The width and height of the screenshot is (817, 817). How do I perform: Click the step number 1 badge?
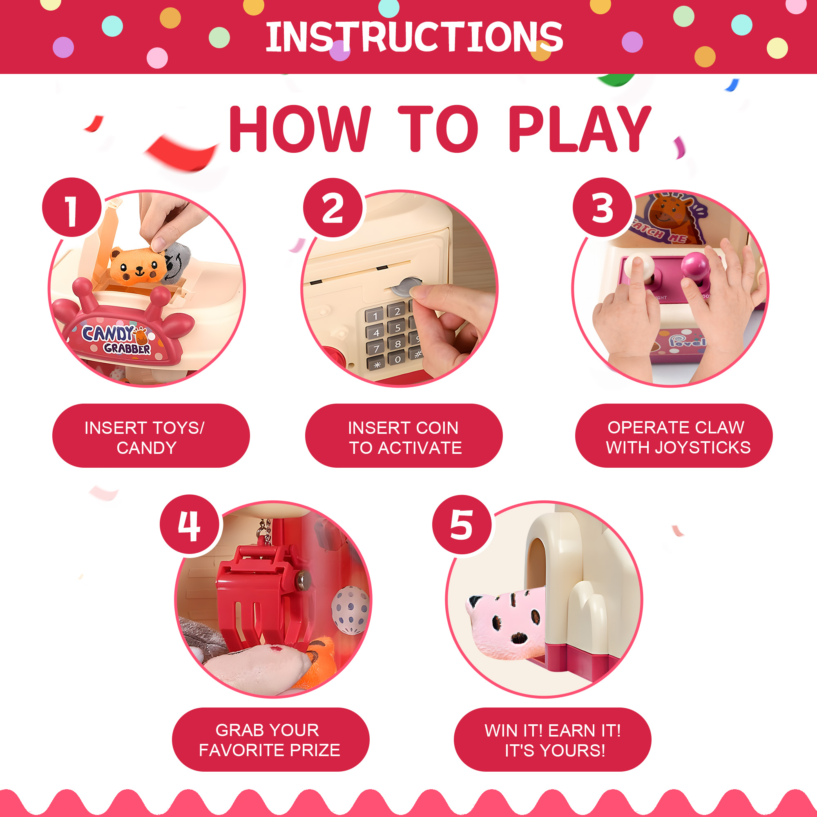point(72,207)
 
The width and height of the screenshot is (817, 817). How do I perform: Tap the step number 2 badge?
point(333,207)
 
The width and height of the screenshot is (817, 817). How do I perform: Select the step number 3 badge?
point(602,207)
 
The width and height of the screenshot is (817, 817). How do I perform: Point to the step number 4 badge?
point(190,525)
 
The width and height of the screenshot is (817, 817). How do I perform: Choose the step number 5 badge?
point(462,525)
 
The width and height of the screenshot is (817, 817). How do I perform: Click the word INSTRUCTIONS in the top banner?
point(414,37)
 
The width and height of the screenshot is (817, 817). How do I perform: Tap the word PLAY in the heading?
point(580,129)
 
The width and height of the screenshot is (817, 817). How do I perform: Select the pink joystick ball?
point(695,266)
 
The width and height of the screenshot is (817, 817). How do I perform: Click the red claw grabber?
point(260,594)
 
